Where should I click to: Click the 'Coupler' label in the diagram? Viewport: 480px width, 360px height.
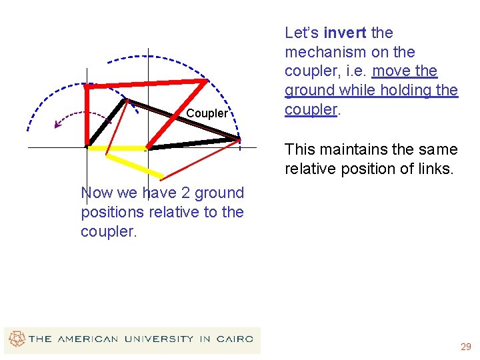pyautogui.click(x=207, y=113)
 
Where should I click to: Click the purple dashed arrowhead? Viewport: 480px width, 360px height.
pyautogui.click(x=57, y=123)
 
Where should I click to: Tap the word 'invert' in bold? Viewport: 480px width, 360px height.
pyautogui.click(x=344, y=33)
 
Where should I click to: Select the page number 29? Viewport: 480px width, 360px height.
pyautogui.click(x=465, y=347)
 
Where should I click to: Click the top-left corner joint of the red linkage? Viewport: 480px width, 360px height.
pyautogui.click(x=87, y=86)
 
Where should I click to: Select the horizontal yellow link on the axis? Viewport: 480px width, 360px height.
pyautogui.click(x=117, y=147)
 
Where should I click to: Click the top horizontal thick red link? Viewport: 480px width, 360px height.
pyautogui.click(x=146, y=84)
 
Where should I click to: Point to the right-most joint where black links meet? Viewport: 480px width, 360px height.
pyautogui.click(x=238, y=139)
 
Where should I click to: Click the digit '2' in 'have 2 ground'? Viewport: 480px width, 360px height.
pyautogui.click(x=164, y=193)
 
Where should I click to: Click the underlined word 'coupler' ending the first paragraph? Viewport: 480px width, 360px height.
pyautogui.click(x=311, y=109)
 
